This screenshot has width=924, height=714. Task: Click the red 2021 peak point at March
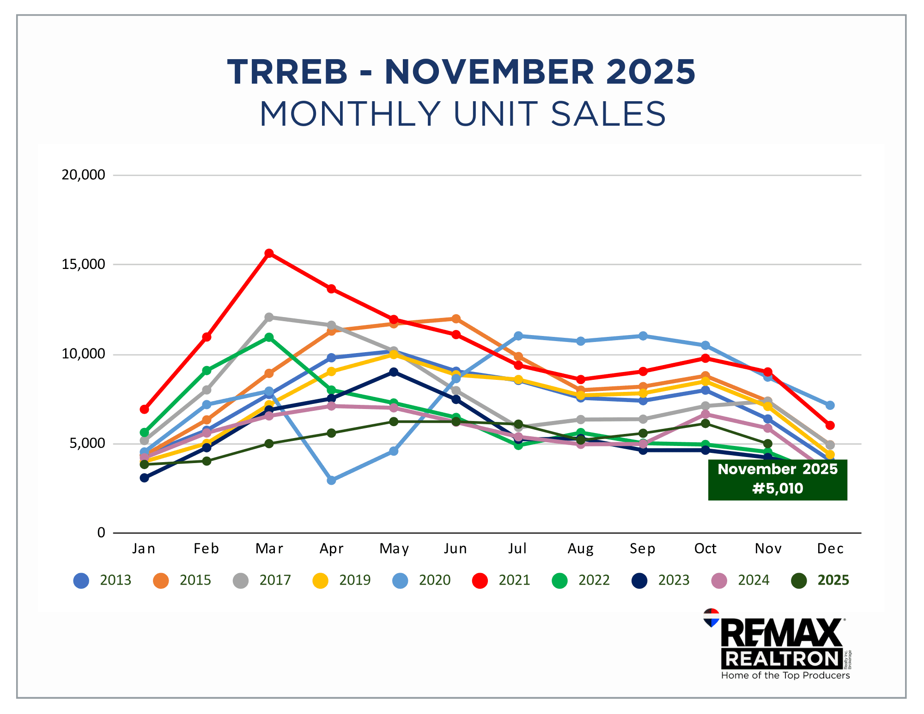[269, 253]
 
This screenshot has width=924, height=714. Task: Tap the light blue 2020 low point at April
[331, 480]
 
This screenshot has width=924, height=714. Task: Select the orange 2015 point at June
[456, 319]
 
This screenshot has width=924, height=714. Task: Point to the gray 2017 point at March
[269, 317]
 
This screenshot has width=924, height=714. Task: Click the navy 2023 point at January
[145, 478]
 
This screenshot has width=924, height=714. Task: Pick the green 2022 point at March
[269, 337]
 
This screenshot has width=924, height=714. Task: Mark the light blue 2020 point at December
[830, 405]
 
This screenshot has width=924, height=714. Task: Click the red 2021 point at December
[830, 425]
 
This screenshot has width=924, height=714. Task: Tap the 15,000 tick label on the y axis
[84, 264]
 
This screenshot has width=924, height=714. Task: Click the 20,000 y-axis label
[84, 175]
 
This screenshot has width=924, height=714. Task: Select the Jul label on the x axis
[517, 549]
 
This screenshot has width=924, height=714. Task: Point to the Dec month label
[830, 549]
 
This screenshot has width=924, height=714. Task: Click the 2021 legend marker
[480, 580]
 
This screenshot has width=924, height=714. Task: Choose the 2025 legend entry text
[833, 580]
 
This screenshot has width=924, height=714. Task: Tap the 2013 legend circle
[81, 580]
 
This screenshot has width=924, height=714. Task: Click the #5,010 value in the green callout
[778, 488]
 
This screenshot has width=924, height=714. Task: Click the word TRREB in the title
[287, 73]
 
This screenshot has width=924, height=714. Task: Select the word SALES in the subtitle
[608, 114]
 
